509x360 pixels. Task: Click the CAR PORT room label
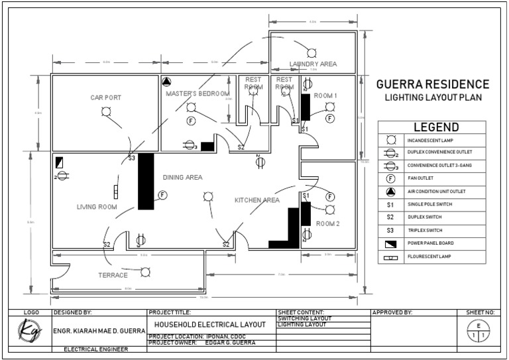[106, 97]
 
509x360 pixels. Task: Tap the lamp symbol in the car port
[106, 111]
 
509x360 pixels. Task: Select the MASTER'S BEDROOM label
[198, 94]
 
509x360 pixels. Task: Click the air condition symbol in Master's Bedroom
[166, 83]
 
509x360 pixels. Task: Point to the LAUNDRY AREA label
[313, 64]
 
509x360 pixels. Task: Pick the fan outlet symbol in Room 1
[329, 118]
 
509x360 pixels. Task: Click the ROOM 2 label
[327, 224]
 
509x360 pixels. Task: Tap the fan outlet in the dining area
[162, 195]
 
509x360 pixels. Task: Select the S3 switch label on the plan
[132, 158]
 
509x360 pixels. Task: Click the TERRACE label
[113, 274]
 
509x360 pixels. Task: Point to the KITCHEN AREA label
[257, 200]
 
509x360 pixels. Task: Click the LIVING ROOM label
[97, 208]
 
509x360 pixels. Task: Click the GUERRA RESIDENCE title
[432, 85]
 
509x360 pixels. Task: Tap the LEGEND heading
[435, 127]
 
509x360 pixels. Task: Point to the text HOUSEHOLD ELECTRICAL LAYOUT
[210, 325]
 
